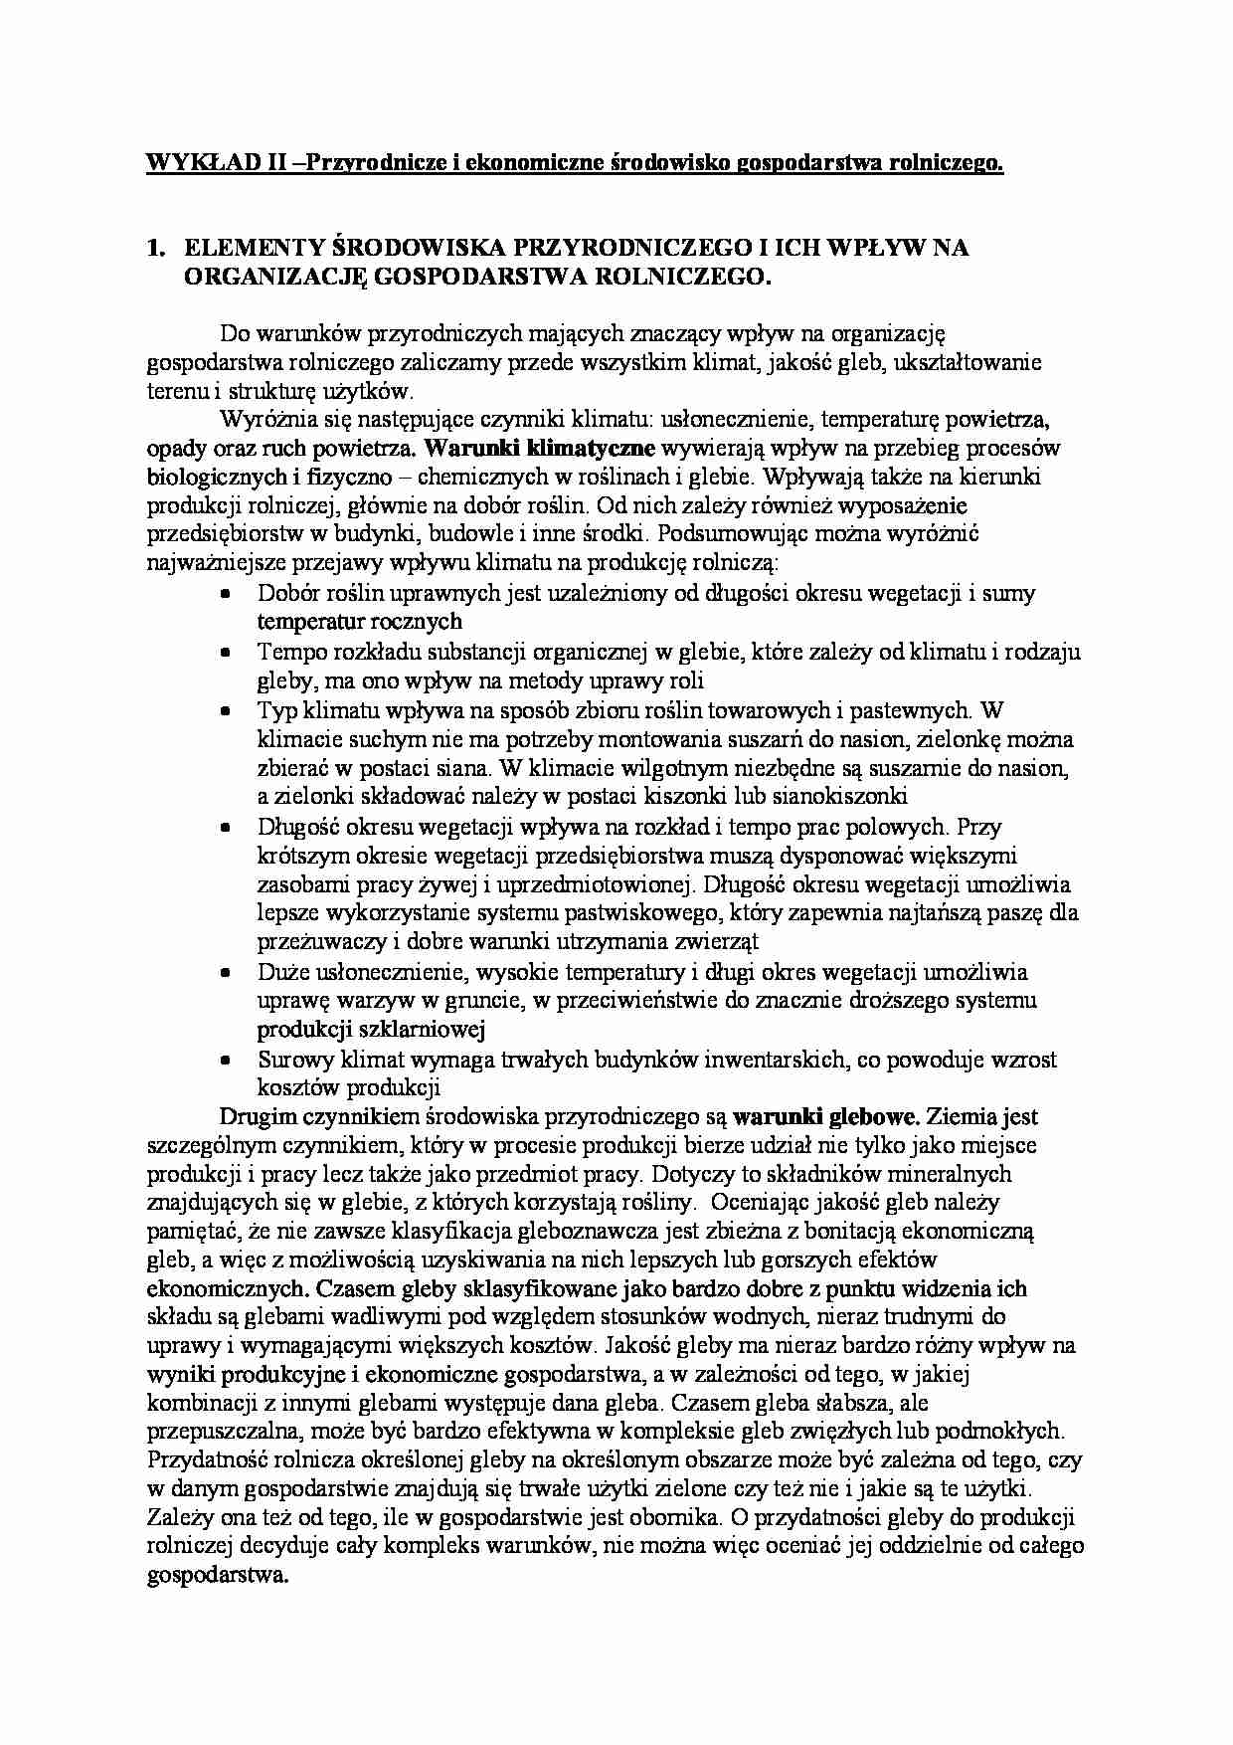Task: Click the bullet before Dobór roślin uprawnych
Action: pos(227,594)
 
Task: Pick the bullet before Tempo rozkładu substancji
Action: pos(227,653)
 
